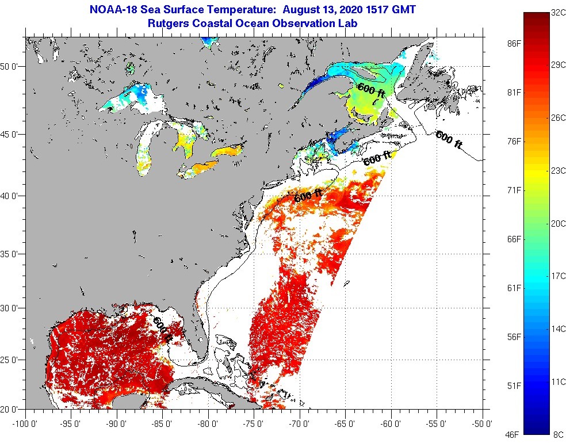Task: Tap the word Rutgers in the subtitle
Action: pyautogui.click(x=167, y=24)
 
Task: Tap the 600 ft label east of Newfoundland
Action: pyautogui.click(x=449, y=140)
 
